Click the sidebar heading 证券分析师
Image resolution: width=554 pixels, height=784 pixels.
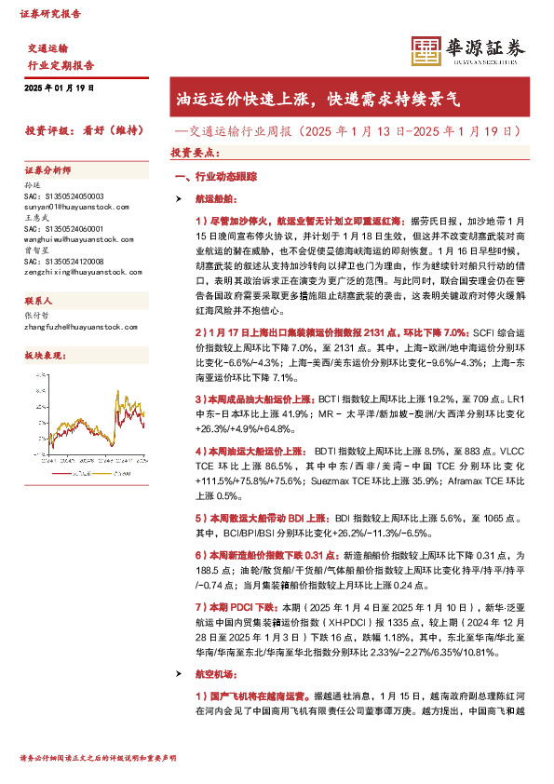point(47,169)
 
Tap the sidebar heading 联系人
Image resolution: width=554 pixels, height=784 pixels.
point(39,302)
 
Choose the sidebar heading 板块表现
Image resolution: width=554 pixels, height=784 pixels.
point(43,356)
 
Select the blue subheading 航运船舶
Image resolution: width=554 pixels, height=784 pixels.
point(216,198)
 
